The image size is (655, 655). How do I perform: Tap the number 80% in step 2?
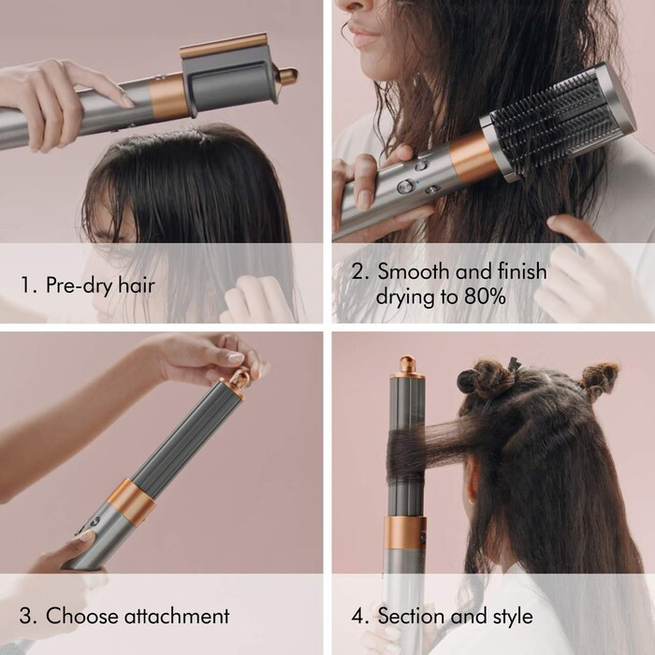tap(486, 298)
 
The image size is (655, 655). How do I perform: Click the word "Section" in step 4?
tap(415, 616)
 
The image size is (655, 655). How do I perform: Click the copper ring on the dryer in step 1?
tap(168, 96)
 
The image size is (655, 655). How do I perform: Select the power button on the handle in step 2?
tap(405, 186)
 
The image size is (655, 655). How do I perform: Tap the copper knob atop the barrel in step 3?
tap(240, 380)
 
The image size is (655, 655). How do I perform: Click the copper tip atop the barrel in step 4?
tap(407, 366)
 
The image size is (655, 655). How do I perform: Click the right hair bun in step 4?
tap(598, 377)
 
